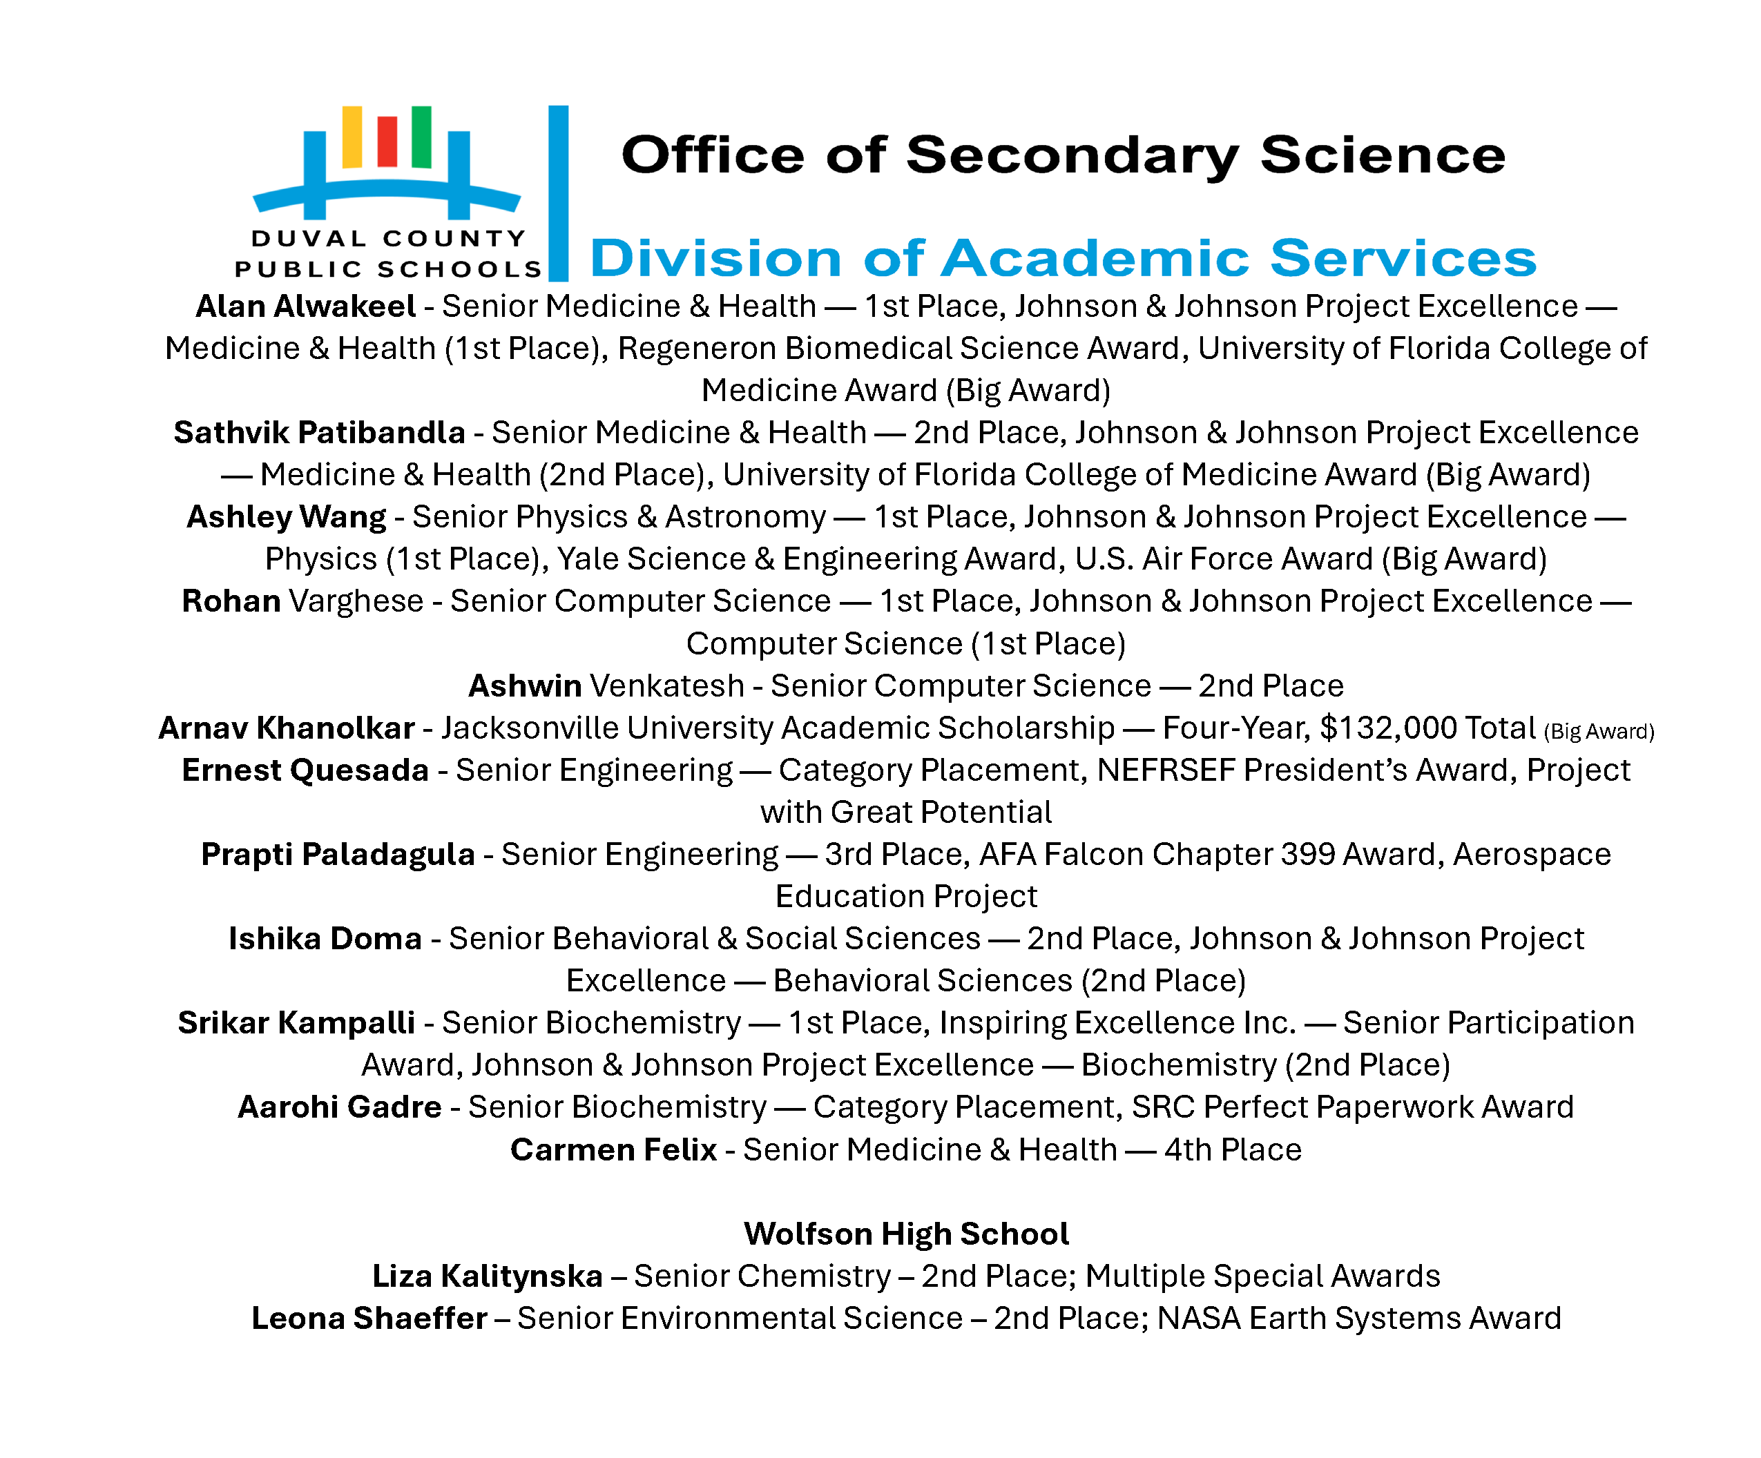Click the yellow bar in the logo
tap(352, 137)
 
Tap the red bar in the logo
tap(387, 141)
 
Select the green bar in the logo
tap(422, 137)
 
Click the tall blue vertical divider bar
tap(559, 193)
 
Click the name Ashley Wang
tap(286, 517)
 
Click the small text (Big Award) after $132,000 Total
tap(1598, 732)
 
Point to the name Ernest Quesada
tap(305, 770)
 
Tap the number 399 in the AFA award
tap(1307, 855)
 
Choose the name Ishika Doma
tap(325, 939)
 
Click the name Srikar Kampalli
tap(296, 1023)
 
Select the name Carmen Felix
tap(613, 1149)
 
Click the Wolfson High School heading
tap(905, 1234)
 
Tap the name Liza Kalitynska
tap(488, 1276)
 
